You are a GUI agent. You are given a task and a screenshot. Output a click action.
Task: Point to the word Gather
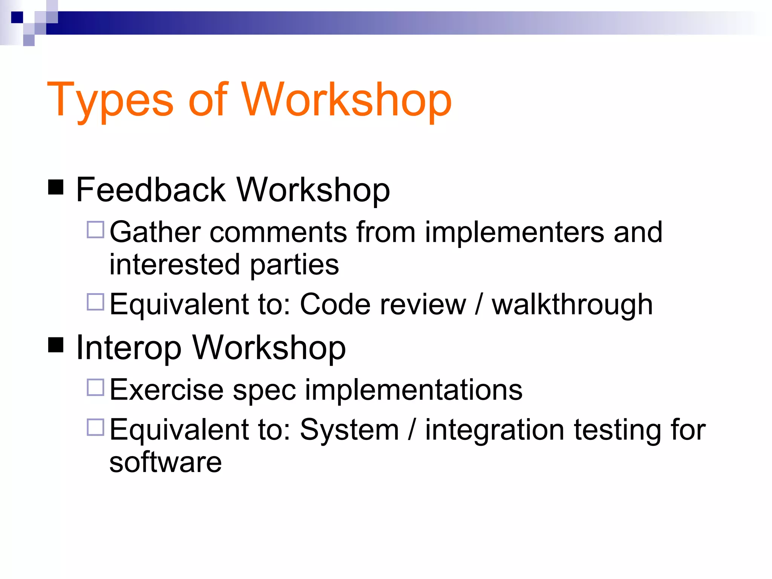(155, 232)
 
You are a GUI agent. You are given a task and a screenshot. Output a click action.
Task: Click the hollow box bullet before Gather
(95, 230)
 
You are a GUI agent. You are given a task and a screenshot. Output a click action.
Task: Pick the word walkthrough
(572, 305)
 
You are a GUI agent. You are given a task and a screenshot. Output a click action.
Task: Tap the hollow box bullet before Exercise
(95, 387)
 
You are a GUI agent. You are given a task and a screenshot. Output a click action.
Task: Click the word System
(349, 430)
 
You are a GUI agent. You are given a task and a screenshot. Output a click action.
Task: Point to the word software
(165, 463)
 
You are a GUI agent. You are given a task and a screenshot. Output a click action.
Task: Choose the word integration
(495, 430)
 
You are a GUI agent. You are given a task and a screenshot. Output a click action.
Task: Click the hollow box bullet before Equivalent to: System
(95, 427)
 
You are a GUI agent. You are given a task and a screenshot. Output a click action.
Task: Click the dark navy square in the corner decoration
(17, 17)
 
